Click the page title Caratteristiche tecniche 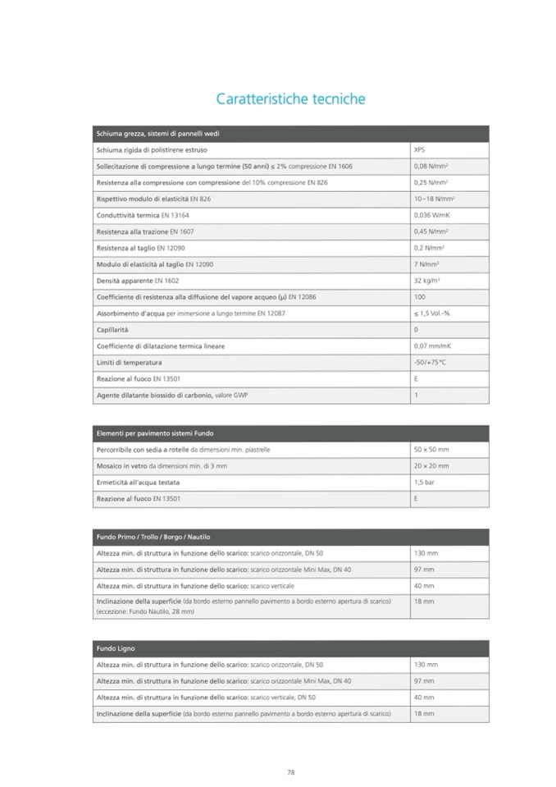(290, 99)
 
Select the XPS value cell (420, 150)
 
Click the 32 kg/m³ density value (428, 281)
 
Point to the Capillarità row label (112, 329)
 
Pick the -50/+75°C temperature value (429, 362)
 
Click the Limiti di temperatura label (129, 362)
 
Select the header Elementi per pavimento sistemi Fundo (156, 433)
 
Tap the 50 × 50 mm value (431, 450)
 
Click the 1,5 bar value (424, 483)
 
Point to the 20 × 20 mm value (431, 466)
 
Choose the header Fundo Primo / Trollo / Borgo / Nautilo (153, 537)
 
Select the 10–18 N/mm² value (435, 199)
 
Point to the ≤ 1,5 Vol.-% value (431, 313)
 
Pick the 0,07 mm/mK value (431, 346)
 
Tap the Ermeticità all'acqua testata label (138, 483)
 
